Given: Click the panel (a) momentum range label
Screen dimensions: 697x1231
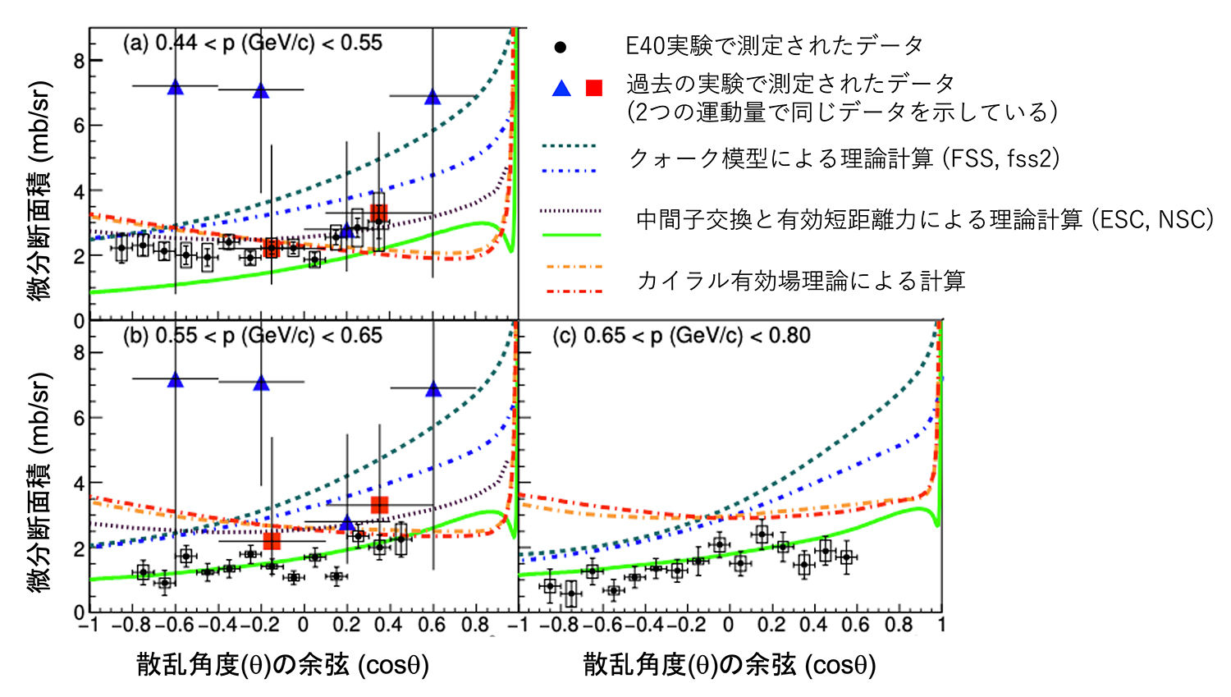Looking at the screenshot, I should click(x=252, y=44).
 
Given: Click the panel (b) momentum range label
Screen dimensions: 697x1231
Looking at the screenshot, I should click(x=252, y=336).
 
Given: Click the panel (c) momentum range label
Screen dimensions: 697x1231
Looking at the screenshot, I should click(x=680, y=336).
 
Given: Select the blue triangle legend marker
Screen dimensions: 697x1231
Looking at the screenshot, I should click(x=561, y=88).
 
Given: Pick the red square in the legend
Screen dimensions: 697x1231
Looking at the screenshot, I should click(x=594, y=88).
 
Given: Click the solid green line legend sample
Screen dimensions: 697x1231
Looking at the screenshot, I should click(x=571, y=235).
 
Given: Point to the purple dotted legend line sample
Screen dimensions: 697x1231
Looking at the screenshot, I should click(x=571, y=211).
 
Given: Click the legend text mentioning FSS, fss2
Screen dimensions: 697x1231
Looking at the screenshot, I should click(x=844, y=158).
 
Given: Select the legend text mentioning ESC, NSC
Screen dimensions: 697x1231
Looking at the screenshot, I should click(x=925, y=219).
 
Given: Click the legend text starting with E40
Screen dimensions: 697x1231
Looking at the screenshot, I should click(x=774, y=46).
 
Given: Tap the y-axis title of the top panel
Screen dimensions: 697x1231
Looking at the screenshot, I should click(x=39, y=190).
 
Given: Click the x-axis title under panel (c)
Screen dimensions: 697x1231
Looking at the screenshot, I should click(x=730, y=665).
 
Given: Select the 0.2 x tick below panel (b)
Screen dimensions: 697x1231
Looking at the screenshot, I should click(x=346, y=626).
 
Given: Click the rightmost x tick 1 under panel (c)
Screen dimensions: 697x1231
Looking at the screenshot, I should click(x=941, y=626).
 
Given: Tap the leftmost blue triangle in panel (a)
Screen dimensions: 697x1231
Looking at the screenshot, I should click(x=175, y=87).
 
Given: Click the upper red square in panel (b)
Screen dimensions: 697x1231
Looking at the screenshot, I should click(x=379, y=505).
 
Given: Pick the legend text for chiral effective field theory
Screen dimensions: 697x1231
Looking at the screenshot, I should click(x=801, y=281).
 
